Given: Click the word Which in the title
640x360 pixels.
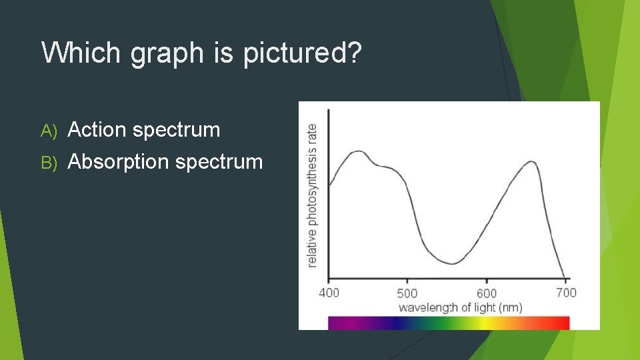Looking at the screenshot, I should (82, 53).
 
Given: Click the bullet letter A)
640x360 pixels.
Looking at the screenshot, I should (51, 130).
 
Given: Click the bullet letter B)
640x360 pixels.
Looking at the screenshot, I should (51, 162).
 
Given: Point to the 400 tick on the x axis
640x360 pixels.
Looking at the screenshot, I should (329, 292).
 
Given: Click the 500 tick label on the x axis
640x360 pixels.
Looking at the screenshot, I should (407, 293).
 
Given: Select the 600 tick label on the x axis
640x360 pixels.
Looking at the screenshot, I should (486, 293).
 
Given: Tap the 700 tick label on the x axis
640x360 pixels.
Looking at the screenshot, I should (565, 292).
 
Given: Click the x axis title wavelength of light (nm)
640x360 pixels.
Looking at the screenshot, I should (460, 307).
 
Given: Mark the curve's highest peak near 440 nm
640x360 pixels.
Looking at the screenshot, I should (359, 151).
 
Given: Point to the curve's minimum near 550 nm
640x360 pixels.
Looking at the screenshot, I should (452, 263).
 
